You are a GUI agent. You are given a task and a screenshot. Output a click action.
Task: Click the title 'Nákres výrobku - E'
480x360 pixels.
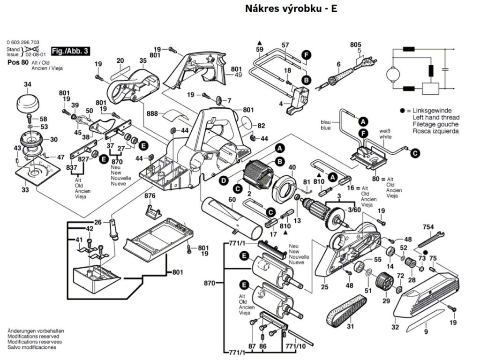291,9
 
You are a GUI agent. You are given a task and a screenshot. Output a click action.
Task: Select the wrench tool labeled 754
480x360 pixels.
429,239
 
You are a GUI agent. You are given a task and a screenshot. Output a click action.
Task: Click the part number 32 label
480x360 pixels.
395,327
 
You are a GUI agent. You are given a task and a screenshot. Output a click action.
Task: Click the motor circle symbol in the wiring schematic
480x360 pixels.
391,74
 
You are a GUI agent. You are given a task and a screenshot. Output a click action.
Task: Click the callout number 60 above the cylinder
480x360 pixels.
232,200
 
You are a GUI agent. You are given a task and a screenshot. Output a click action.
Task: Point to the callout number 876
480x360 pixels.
150,195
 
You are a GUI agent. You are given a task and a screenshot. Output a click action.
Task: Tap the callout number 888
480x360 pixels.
152,113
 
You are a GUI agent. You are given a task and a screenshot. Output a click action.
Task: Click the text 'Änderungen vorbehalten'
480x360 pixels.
36,331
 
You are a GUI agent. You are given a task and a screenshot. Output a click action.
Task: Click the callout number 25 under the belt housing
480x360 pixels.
324,287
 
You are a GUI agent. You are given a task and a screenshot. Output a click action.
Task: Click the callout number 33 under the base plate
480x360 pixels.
25,190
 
